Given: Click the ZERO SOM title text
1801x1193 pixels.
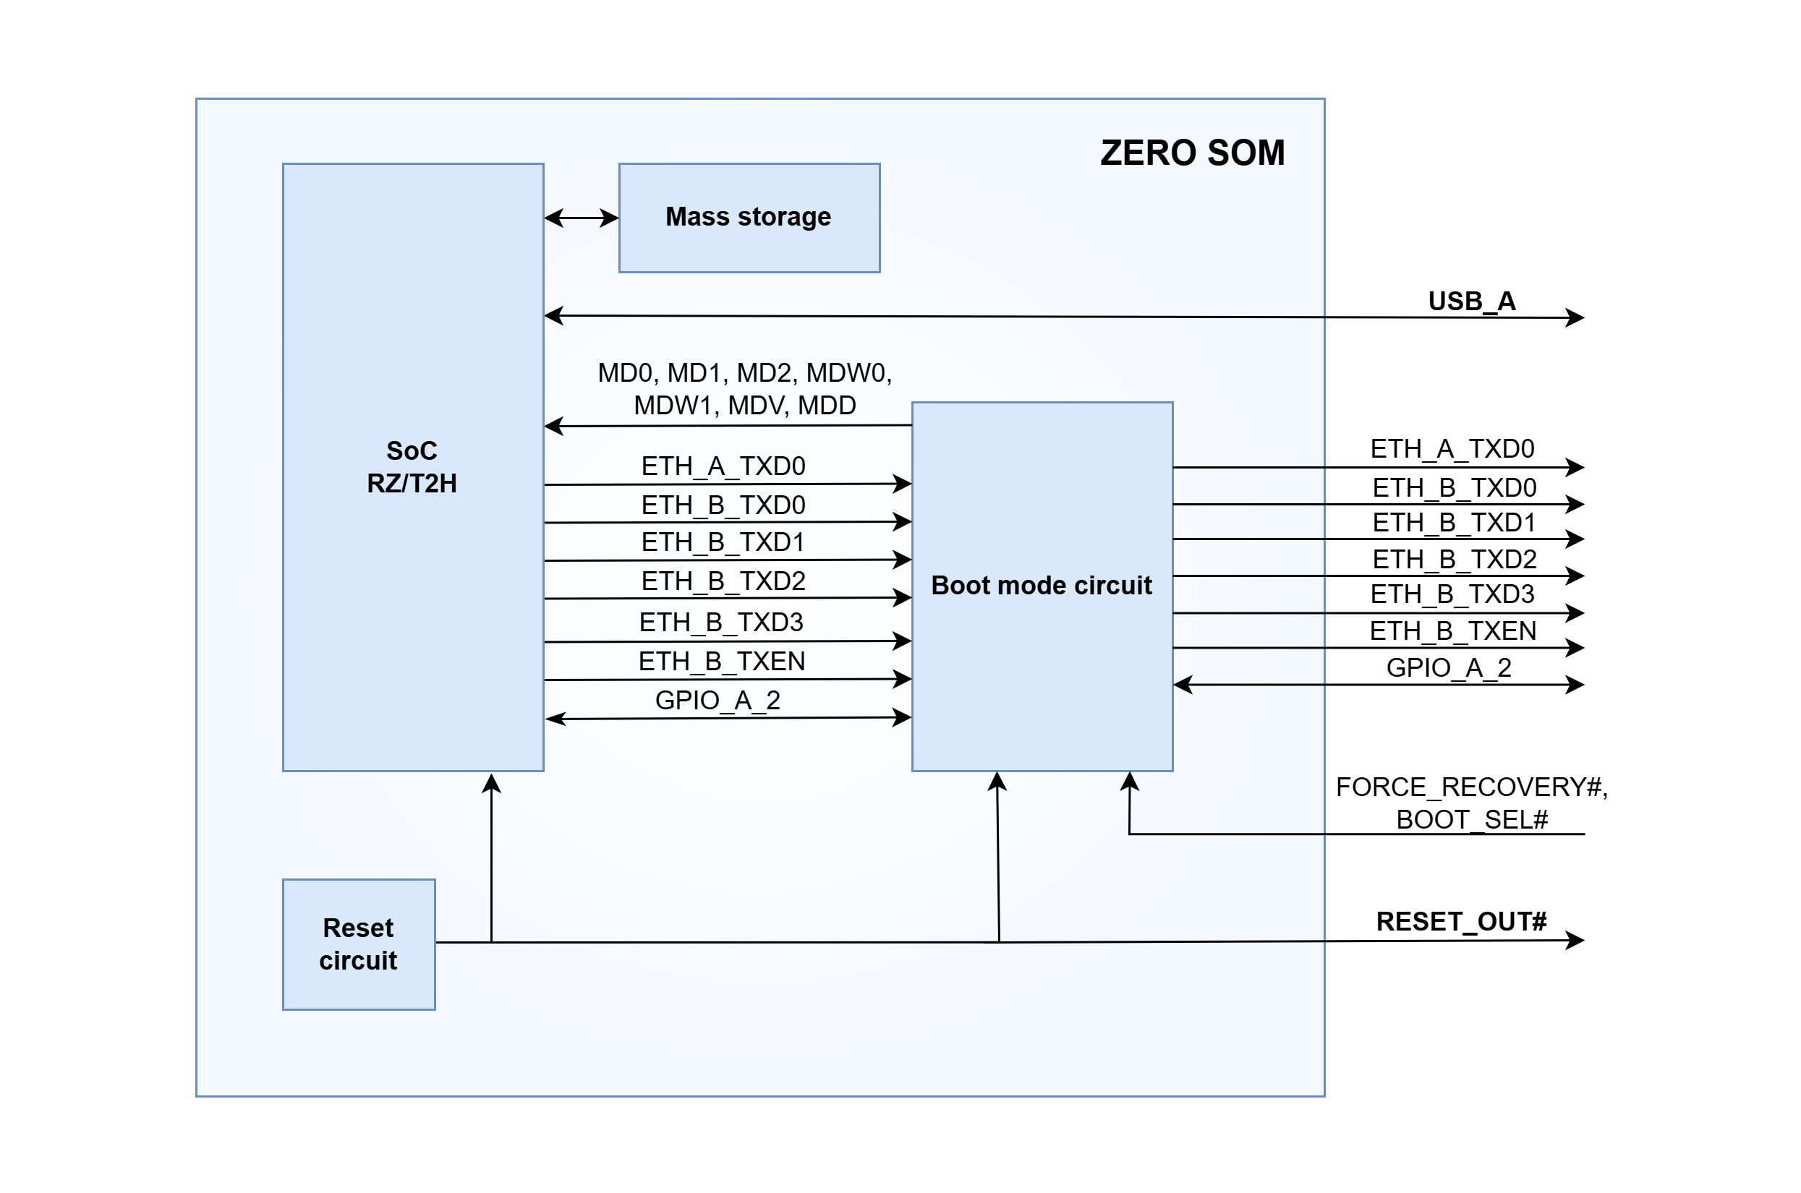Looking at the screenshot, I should [1191, 153].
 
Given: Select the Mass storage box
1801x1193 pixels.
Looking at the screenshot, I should [749, 218].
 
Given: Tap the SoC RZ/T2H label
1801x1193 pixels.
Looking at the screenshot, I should [412, 467].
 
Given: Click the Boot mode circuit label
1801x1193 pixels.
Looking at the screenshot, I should [1041, 585].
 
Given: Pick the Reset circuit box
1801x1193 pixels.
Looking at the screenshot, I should [358, 944].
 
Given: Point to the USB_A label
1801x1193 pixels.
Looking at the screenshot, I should [1471, 302].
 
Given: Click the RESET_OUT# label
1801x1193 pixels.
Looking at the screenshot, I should [1461, 921].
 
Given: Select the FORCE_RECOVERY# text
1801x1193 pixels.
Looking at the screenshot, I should [1470, 787].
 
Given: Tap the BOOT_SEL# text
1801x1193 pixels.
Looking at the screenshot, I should [1471, 819].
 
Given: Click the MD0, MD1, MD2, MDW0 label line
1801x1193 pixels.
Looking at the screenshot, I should [744, 373].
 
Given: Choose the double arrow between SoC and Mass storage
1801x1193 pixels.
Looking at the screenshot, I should [582, 218].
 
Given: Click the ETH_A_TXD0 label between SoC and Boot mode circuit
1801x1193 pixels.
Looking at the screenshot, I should [723, 466].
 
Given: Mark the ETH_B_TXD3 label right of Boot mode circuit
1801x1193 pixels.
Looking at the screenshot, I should [1452, 594].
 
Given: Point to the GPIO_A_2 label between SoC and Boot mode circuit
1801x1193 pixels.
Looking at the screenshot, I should [718, 700].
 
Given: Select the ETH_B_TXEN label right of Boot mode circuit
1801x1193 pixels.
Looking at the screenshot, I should [1452, 630].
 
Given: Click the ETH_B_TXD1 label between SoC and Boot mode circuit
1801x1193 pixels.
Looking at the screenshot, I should [723, 542].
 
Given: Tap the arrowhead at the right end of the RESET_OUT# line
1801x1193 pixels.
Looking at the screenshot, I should [1575, 941].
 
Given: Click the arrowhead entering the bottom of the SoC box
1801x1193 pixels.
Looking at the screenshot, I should [492, 784].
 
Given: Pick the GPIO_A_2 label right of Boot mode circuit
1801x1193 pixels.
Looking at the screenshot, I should [1448, 667].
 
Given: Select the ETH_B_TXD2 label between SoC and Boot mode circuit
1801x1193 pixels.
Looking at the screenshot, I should [723, 581].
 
